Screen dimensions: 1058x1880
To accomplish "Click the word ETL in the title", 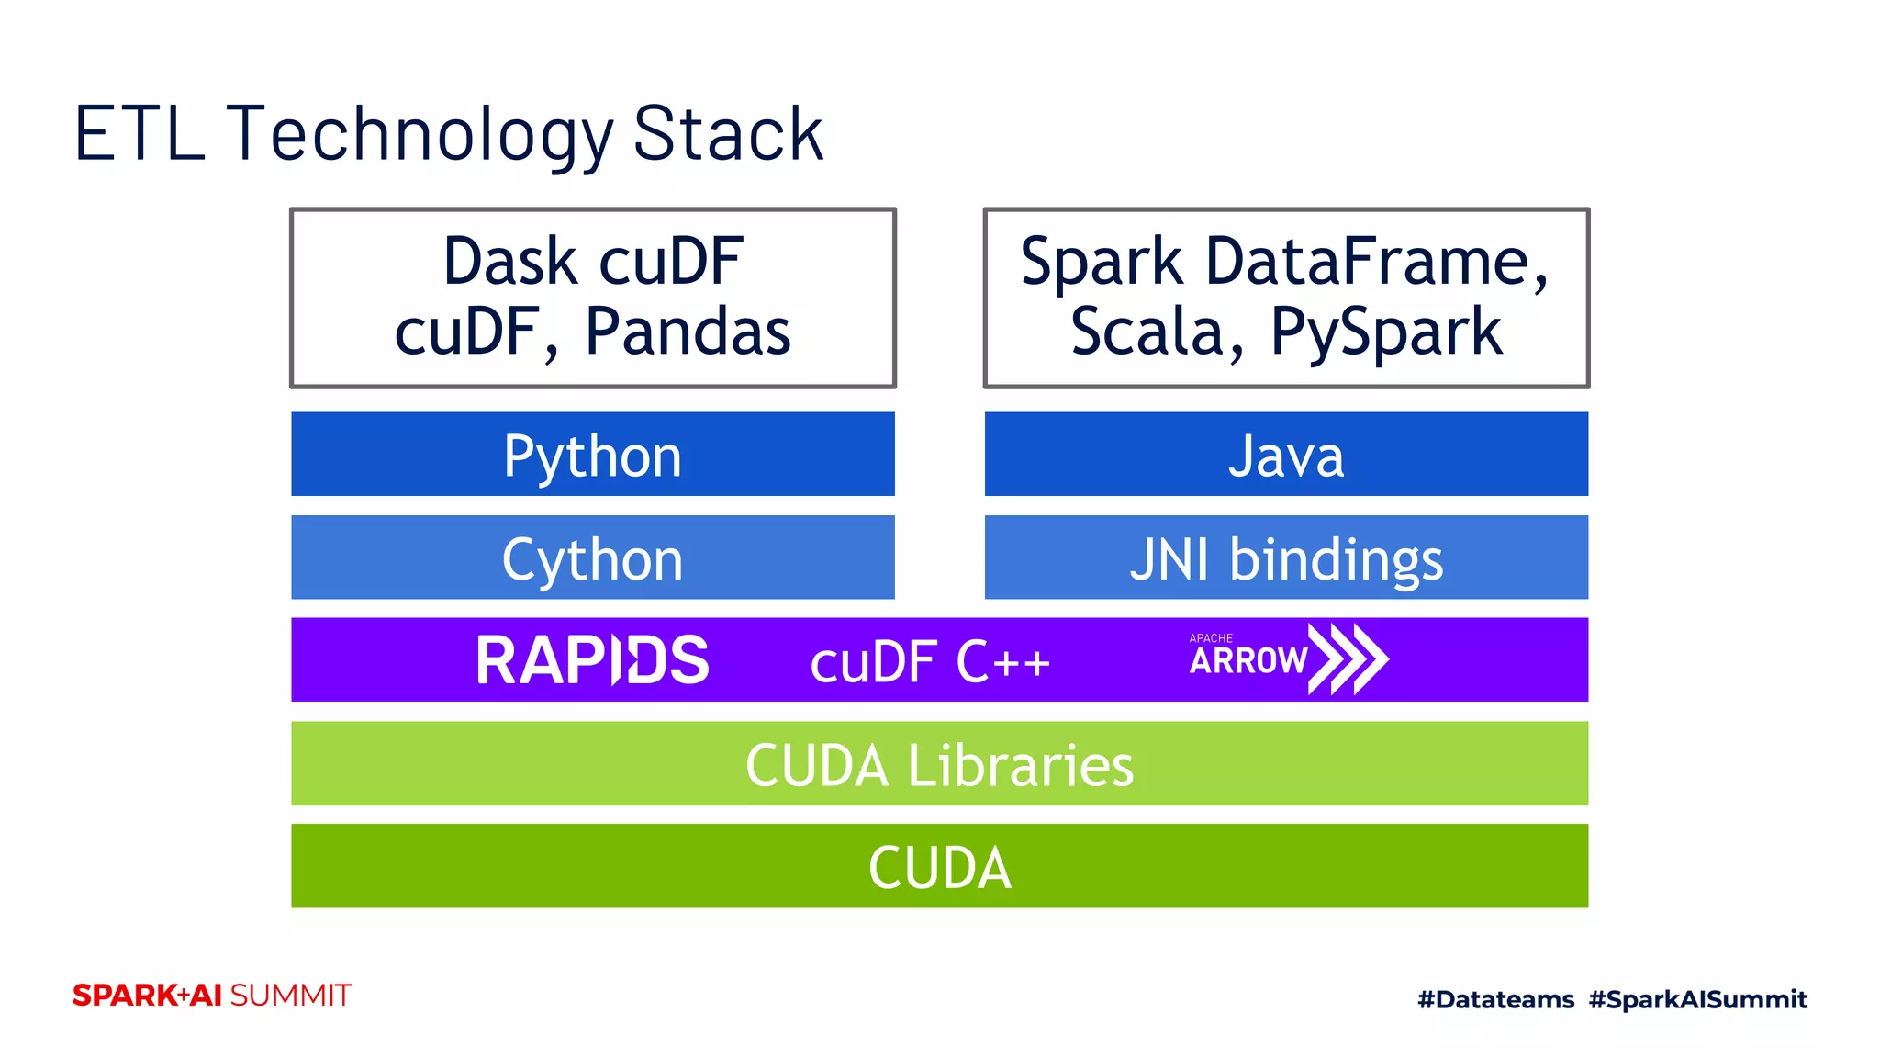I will coord(139,134).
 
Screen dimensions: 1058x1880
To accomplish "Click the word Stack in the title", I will coord(728,134).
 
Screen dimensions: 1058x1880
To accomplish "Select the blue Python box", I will coord(592,455).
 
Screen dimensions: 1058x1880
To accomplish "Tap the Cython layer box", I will coord(592,558).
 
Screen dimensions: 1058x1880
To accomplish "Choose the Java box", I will coord(1285,455).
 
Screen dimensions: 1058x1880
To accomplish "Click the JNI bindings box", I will coord(1285,558).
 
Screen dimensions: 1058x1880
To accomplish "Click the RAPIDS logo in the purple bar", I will coord(592,660).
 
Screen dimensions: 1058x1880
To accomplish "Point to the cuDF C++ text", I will coord(929,662).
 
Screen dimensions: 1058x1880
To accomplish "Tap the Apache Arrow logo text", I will coord(1248,658).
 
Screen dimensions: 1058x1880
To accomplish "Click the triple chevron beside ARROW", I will coord(1348,658).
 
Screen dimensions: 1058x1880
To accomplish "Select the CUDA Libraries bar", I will coord(939,764).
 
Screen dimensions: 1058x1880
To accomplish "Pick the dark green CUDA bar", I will coord(939,867).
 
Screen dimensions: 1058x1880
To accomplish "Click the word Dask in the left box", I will coord(510,262).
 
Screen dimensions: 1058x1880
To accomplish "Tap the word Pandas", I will coord(688,332).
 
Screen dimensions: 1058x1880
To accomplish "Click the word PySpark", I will coord(1386,333).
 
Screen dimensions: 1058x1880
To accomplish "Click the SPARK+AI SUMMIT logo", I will coord(212,996).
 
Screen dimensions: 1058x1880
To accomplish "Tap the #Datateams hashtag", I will coord(1495,999).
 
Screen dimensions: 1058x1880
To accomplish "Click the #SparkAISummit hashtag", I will coord(1697,999).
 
